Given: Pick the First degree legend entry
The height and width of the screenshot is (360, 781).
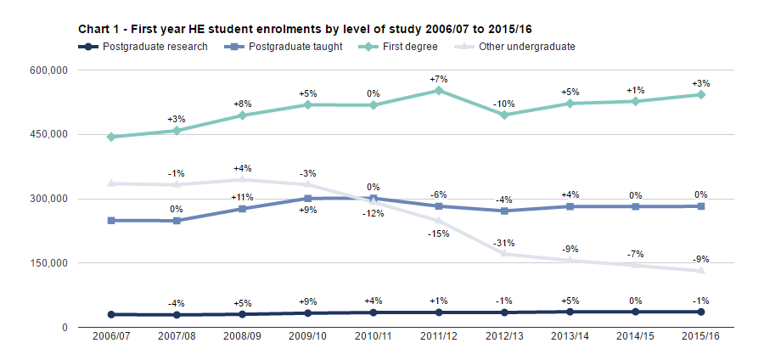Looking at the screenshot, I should tap(409, 47).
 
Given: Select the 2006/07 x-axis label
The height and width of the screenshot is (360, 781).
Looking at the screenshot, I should tap(111, 339).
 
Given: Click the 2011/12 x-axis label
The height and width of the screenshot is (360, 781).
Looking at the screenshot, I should tap(439, 339).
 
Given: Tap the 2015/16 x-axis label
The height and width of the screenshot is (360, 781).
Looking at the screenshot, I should tap(701, 339).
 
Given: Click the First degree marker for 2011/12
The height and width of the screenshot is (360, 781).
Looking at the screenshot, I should tap(439, 90).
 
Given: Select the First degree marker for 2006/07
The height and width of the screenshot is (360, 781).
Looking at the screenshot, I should tap(111, 137).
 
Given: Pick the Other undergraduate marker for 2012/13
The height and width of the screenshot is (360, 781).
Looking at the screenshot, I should tap(504, 253).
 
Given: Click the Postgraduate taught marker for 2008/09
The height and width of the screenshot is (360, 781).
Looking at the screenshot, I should tap(242, 209).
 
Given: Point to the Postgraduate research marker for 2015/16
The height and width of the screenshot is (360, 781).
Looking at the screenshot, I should tap(701, 312).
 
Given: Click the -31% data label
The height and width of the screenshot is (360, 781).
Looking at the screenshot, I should tap(504, 243).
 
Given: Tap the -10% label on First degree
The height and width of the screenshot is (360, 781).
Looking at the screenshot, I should tap(504, 104).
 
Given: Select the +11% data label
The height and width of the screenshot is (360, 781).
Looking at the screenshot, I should tap(242, 198).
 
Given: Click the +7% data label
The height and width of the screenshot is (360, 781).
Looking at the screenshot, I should tap(439, 79).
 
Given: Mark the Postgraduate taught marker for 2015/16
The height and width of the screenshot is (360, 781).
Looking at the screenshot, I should tap(701, 206).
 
